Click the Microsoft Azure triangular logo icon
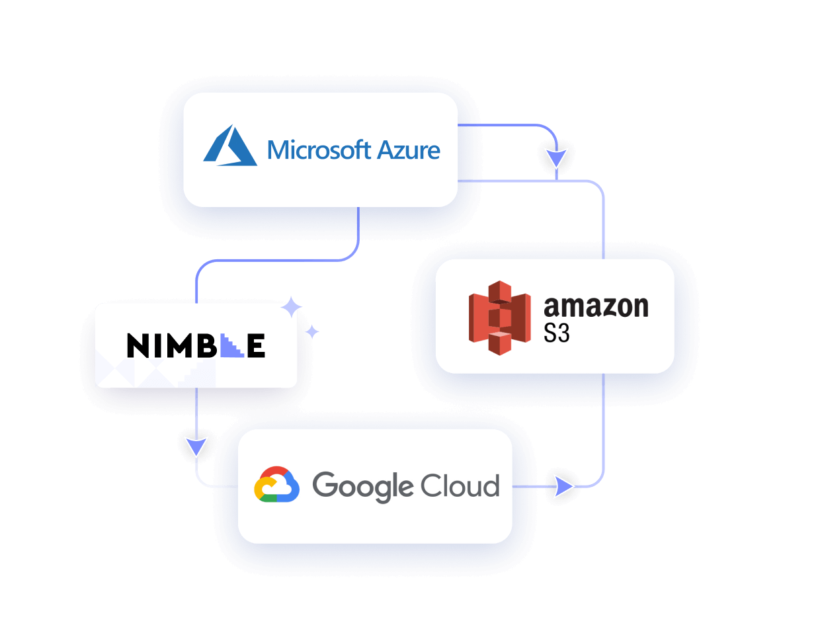pos(229,146)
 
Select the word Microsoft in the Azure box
pos(310,150)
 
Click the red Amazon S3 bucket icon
pos(499,317)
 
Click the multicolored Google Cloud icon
pos(276,485)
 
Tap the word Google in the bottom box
pos(362,487)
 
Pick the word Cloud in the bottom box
pos(460,486)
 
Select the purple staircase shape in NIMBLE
pos(231,347)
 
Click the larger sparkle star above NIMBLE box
pos(292,308)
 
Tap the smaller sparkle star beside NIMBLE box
pos(311,331)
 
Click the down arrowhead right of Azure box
pos(556,157)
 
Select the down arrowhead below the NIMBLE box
pos(196,446)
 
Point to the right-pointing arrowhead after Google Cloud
pos(563,487)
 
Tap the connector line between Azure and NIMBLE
pos(278,260)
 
